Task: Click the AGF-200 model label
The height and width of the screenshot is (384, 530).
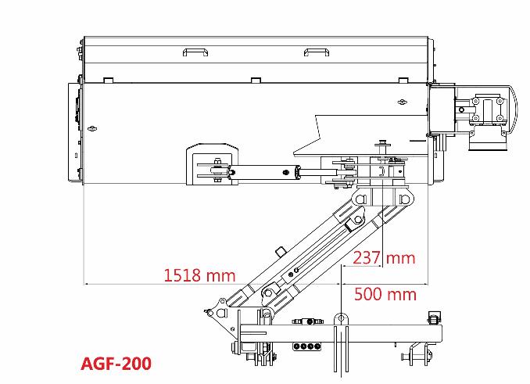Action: coord(116,364)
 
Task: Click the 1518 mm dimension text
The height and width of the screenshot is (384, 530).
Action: coord(199,275)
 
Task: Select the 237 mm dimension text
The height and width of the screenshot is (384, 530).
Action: coord(384,258)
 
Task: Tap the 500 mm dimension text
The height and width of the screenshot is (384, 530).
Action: coord(385,294)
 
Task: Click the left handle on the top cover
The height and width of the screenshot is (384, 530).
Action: coord(195,52)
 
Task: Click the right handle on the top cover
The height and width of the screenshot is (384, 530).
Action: coord(317,52)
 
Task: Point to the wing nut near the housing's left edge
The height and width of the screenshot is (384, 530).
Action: coord(92,128)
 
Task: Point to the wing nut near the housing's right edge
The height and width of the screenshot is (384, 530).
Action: coord(402,102)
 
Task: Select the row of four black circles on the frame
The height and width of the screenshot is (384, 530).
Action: coord(307,346)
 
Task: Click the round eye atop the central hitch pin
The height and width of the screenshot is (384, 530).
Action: coord(341,318)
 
